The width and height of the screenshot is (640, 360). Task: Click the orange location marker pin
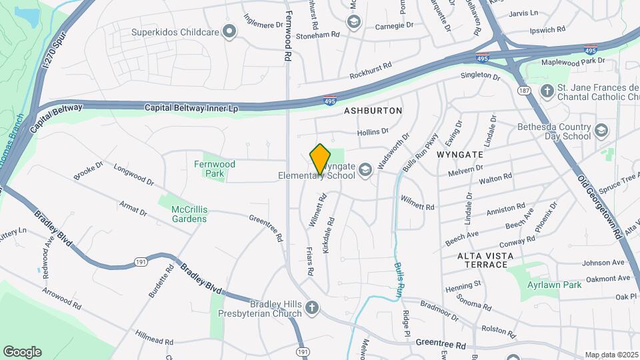[x=320, y=159]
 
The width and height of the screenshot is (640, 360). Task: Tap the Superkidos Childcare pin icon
[x=230, y=31]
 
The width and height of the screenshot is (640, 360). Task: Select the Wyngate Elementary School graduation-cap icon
[x=365, y=171]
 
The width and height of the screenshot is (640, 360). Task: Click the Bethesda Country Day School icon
[x=602, y=131]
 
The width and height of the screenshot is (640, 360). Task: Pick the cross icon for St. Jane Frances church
[x=547, y=91]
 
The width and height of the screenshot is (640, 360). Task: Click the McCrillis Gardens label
[x=189, y=213]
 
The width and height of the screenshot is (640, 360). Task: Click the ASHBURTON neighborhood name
[x=373, y=110]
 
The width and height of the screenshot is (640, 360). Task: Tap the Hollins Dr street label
[x=373, y=132]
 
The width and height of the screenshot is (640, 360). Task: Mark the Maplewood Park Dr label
[x=572, y=61]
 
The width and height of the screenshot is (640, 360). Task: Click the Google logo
[x=22, y=351]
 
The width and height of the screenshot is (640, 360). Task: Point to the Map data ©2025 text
[x=611, y=355]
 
